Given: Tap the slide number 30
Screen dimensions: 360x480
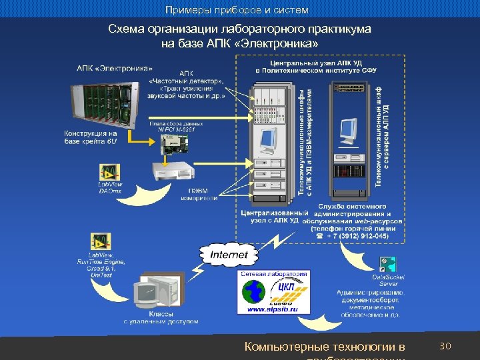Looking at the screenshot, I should [446, 346].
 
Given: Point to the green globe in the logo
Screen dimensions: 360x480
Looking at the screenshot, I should [253, 292].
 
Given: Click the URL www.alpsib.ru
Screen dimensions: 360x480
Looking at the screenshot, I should [274, 310].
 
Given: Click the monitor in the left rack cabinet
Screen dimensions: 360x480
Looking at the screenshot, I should [268, 139].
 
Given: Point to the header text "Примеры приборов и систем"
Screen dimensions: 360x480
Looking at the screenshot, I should [237, 10].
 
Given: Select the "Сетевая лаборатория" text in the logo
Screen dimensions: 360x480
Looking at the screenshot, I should [274, 273].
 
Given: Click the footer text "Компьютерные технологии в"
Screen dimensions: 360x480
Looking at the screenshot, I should [325, 347].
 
